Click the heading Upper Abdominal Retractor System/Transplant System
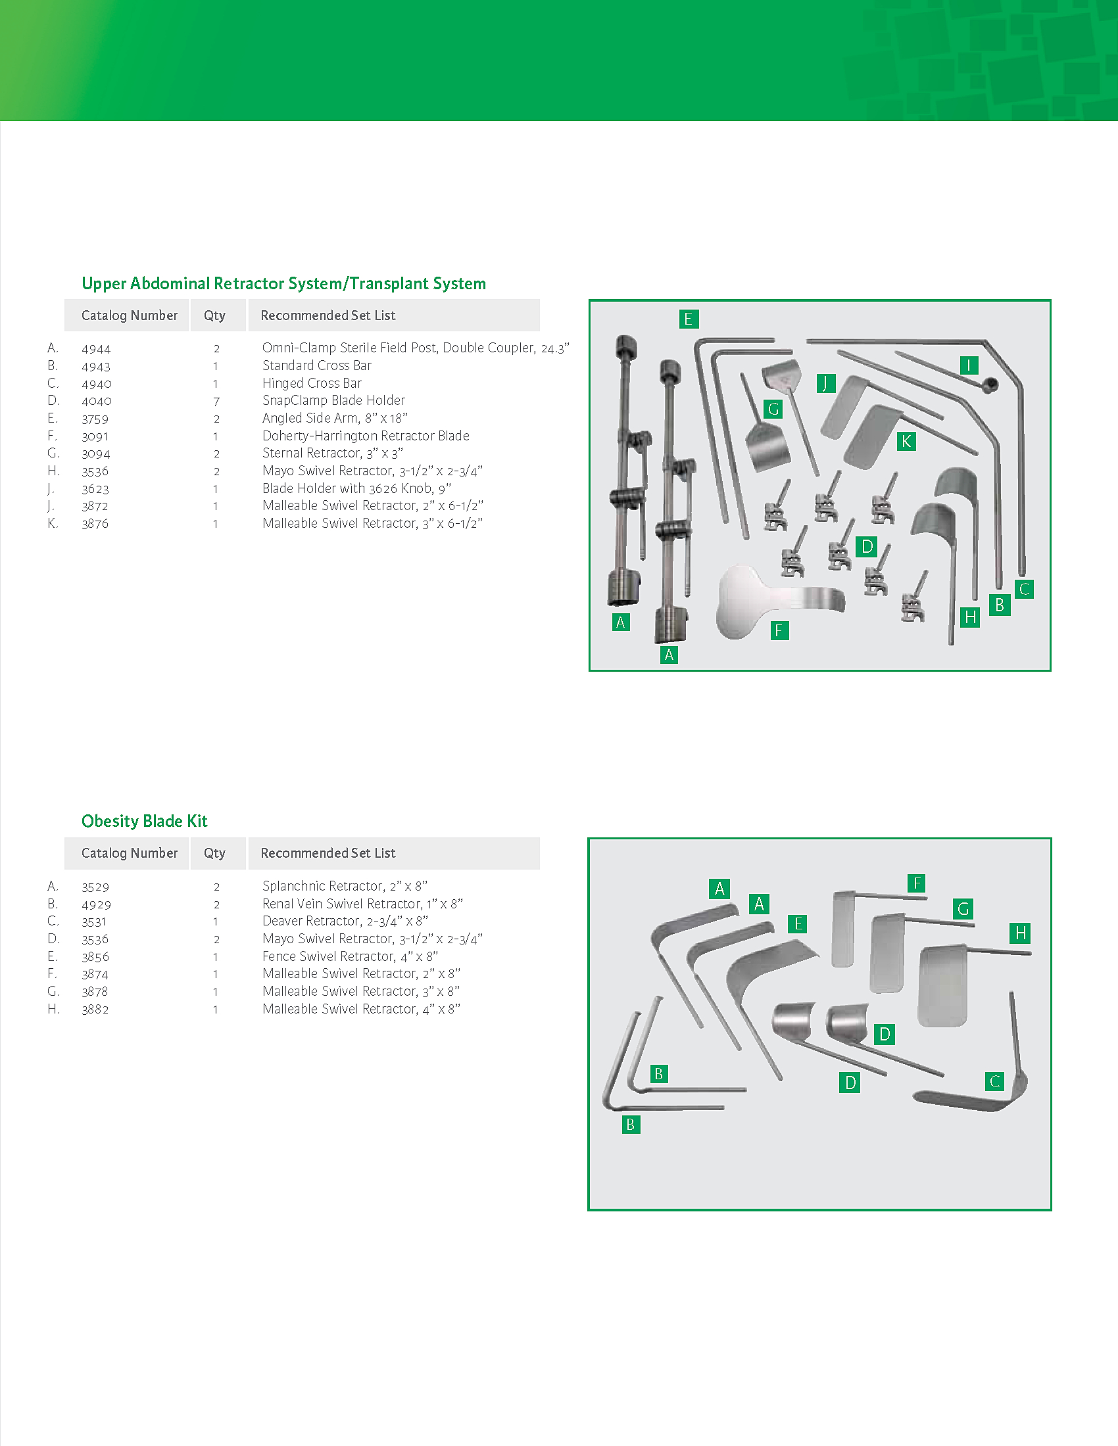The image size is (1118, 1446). [283, 283]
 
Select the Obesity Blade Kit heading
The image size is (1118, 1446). [145, 821]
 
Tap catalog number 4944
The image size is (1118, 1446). [96, 348]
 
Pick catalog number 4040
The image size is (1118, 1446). [97, 400]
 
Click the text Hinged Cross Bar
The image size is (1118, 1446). [312, 383]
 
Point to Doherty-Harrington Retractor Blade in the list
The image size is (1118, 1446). [366, 436]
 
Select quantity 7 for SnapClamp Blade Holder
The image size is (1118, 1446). [216, 401]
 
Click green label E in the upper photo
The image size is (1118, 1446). [688, 319]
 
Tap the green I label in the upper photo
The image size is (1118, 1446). [969, 365]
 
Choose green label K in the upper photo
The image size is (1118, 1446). [906, 441]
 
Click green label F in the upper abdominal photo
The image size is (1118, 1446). [779, 630]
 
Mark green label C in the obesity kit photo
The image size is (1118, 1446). [995, 1081]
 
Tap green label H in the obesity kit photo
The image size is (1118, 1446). [1021, 933]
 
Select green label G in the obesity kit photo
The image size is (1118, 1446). [963, 908]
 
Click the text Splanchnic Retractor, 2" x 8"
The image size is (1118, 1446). [345, 886]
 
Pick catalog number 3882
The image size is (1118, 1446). [95, 1009]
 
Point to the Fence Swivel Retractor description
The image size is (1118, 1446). [350, 956]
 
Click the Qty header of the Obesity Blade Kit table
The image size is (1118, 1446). [214, 852]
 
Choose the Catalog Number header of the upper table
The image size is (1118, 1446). [129, 315]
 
